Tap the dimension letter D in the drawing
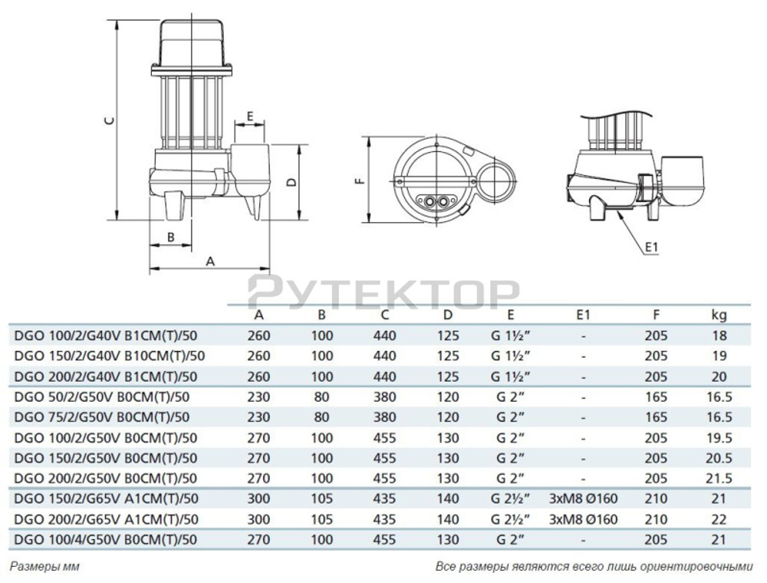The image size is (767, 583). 290,182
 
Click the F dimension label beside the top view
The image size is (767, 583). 359,182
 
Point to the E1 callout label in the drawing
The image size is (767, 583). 653,247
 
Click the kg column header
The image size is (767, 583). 719,314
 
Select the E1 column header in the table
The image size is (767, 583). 584,314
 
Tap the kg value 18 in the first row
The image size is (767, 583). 719,335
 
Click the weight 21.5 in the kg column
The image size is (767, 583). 719,479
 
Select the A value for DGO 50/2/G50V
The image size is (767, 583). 259,396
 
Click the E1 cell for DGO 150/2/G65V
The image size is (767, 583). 584,499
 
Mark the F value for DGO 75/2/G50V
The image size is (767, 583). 657,417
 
